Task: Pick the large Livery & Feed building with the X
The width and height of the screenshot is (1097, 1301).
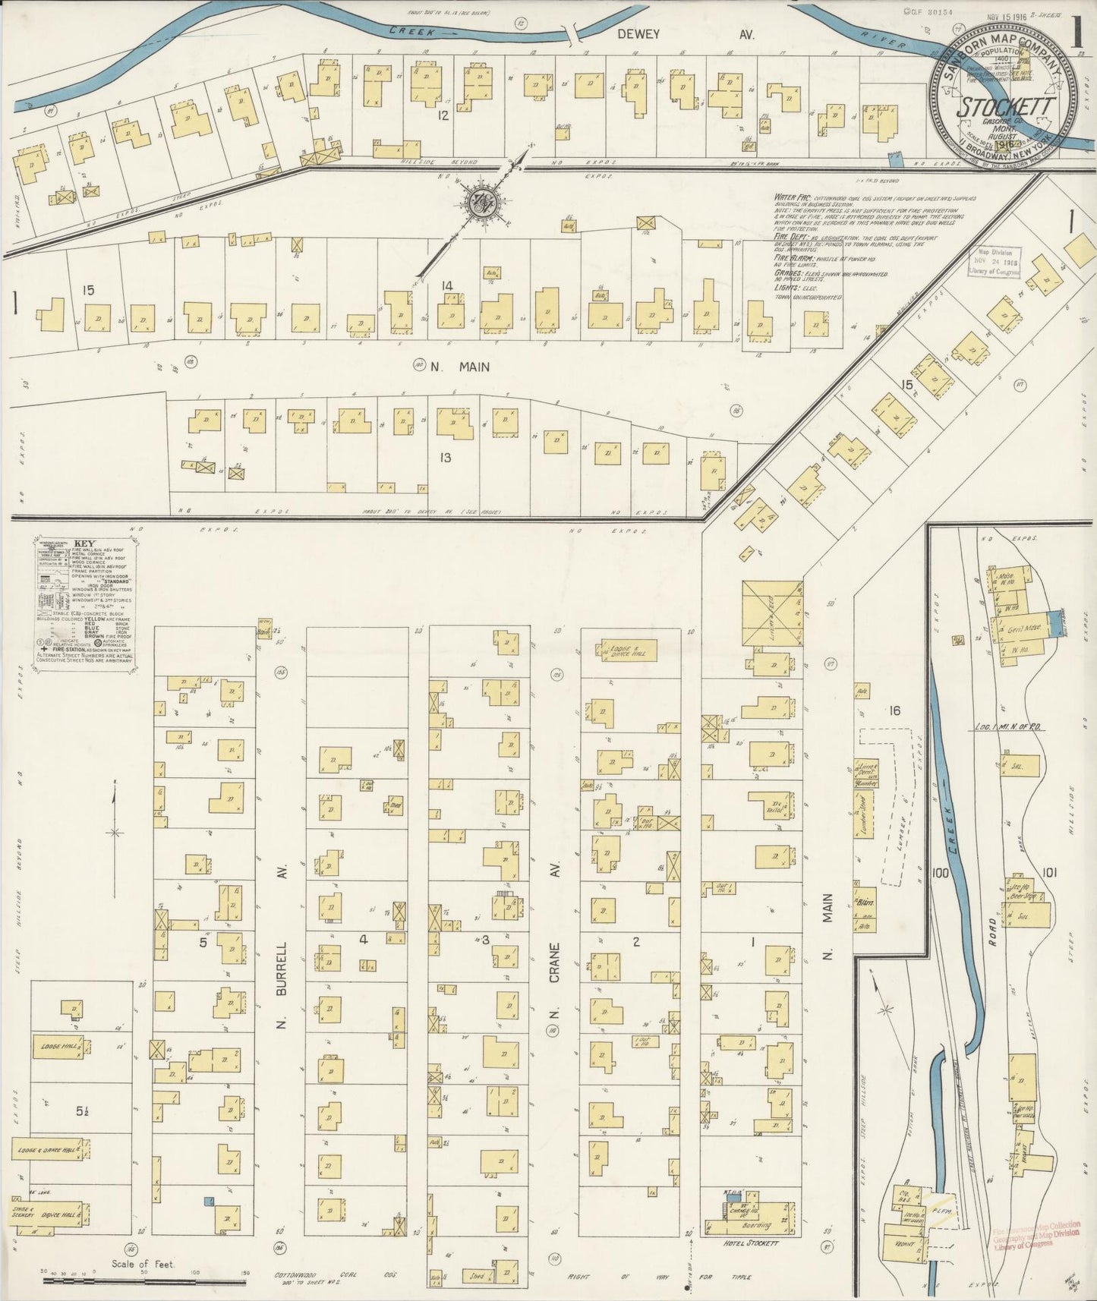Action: coord(772,613)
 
